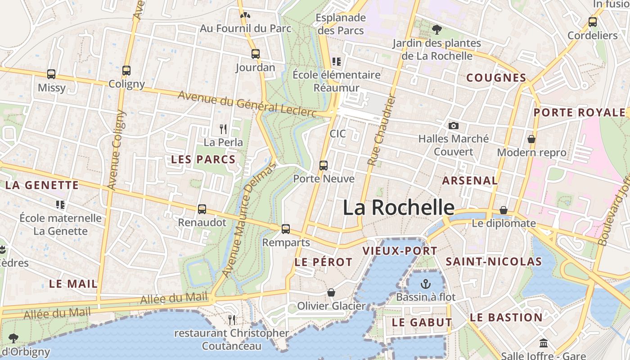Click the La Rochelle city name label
(399, 207)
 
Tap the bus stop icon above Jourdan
(256, 54)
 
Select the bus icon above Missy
(51, 74)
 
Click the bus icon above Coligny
(126, 71)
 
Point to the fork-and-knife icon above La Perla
(223, 129)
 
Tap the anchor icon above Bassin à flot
(425, 284)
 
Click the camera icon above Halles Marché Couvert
(454, 126)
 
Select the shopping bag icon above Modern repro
(531, 139)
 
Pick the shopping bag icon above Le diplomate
(504, 210)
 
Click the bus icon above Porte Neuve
(324, 165)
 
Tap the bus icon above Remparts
(286, 229)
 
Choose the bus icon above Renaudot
(202, 209)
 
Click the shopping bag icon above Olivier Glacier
(331, 293)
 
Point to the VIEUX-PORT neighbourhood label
(400, 251)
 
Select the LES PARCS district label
(203, 159)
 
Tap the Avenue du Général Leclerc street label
(247, 104)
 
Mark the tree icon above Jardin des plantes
(436, 30)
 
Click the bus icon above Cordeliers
(593, 22)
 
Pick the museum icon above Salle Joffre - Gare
(543, 343)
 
